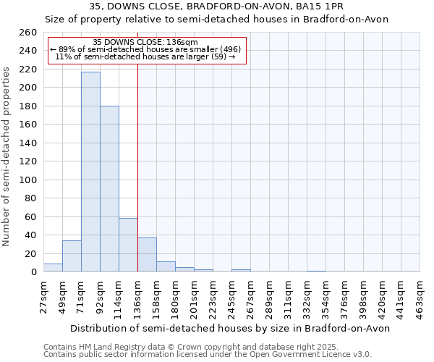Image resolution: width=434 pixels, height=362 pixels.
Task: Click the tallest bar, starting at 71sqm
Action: (x=90, y=172)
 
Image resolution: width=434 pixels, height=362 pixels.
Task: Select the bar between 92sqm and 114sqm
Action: (x=109, y=189)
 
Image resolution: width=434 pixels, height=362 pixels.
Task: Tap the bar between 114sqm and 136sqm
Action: (x=128, y=245)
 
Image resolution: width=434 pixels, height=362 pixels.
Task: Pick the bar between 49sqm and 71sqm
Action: (x=72, y=256)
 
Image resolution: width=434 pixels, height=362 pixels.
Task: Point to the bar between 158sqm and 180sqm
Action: (x=166, y=266)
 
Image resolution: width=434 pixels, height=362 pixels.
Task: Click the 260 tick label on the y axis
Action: (x=27, y=33)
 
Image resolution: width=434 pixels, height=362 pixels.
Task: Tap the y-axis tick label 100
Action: (x=27, y=180)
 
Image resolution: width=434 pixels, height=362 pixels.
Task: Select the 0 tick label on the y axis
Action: (x=33, y=271)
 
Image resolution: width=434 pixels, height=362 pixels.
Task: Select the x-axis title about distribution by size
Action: (x=231, y=328)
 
